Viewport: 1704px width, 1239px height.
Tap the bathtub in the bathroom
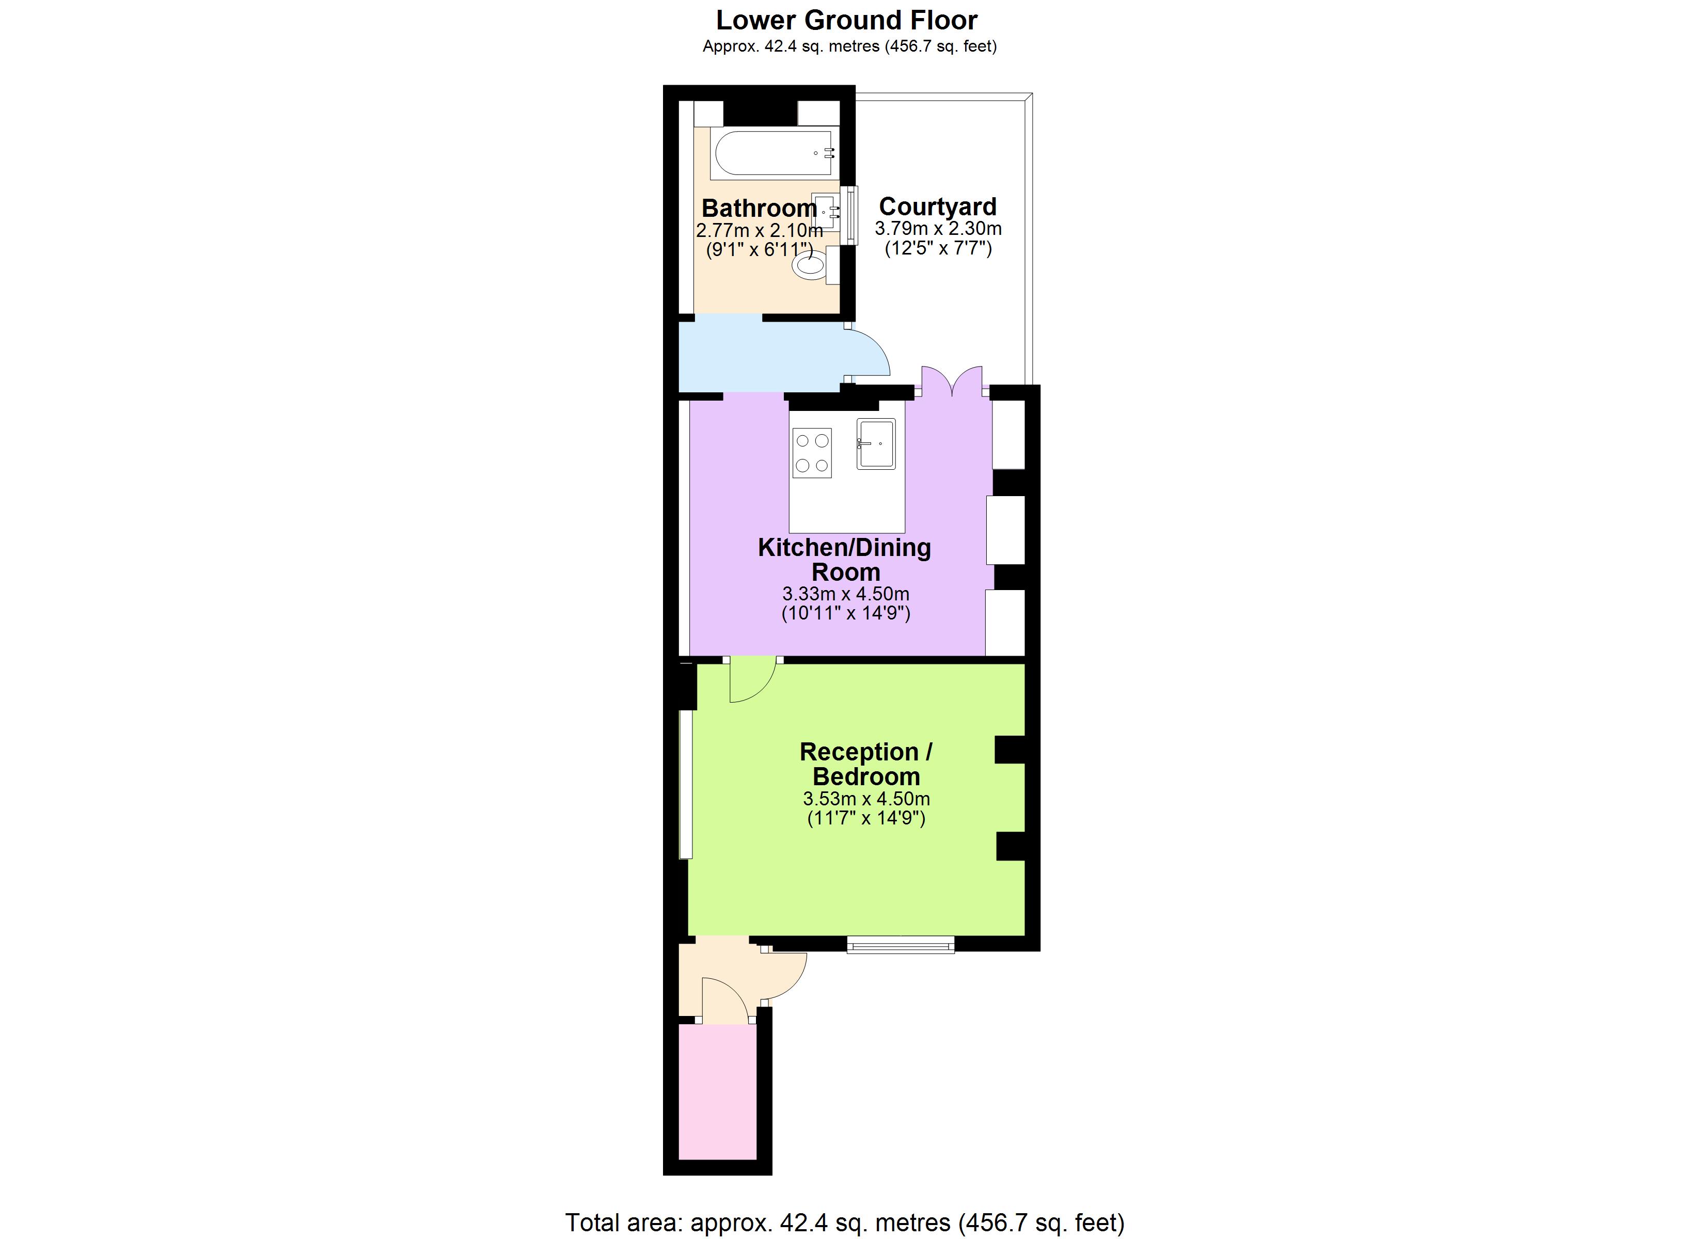point(774,153)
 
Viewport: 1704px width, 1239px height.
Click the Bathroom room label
point(759,208)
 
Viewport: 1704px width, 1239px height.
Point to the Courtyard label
point(938,206)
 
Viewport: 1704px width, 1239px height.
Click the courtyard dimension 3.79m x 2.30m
point(938,228)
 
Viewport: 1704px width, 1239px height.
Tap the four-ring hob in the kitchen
point(812,452)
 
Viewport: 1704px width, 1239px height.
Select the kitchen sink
point(876,444)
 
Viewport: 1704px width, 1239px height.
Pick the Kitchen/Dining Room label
point(844,559)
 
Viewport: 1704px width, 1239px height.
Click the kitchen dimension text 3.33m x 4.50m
point(845,594)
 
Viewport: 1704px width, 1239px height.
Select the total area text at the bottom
point(844,1222)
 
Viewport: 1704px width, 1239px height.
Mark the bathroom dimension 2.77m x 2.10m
point(759,230)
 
